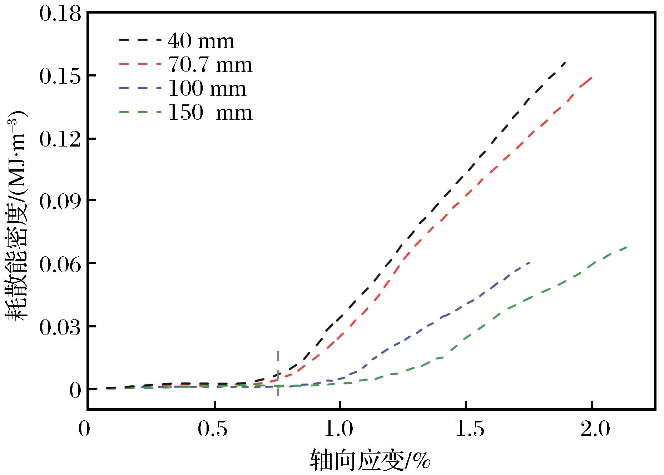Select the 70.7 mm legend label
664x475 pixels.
(210, 65)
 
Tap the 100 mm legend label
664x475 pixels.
(207, 89)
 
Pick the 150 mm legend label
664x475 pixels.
(210, 113)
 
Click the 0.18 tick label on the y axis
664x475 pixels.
(60, 15)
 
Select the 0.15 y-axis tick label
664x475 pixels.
(60, 76)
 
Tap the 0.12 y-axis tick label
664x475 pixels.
(60, 139)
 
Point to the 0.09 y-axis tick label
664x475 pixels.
(60, 201)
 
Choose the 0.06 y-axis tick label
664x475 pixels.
(60, 264)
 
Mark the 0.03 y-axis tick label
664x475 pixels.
(60, 327)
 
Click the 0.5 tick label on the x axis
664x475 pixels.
(213, 429)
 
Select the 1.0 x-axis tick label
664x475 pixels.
(340, 429)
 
